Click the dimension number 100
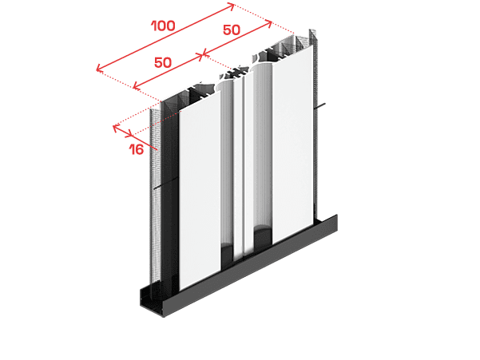click(x=164, y=26)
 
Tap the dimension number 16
click(x=137, y=149)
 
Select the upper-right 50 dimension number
click(x=232, y=30)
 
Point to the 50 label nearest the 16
click(x=163, y=62)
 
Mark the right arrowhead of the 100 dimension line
click(x=232, y=6)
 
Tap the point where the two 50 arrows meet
click(x=202, y=55)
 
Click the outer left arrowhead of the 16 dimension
click(x=116, y=127)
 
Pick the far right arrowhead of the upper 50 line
click(x=269, y=23)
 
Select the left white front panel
click(x=200, y=190)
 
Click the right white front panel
click(x=293, y=144)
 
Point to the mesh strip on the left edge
click(x=156, y=196)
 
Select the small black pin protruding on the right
click(x=320, y=106)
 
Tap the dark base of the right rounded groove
click(x=263, y=237)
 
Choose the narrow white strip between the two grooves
click(x=238, y=168)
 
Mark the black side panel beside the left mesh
click(x=169, y=196)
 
